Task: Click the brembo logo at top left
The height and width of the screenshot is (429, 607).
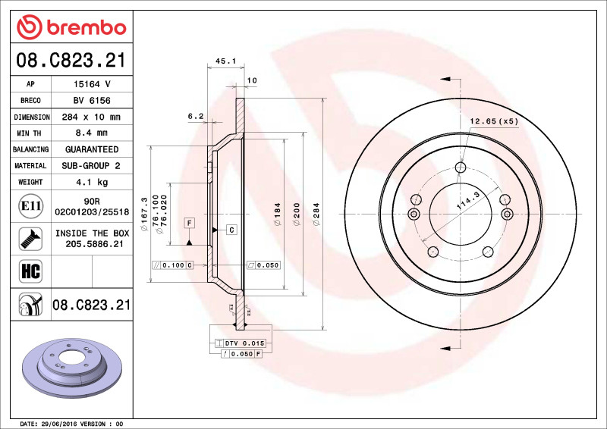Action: (x=71, y=28)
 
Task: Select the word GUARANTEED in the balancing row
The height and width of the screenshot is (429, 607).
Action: (x=91, y=149)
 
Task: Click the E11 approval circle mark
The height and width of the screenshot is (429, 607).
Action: (x=29, y=205)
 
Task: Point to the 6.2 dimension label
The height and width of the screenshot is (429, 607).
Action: (x=195, y=116)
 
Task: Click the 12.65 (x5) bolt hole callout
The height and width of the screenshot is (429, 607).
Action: (x=494, y=121)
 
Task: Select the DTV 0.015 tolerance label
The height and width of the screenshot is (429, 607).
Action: (x=244, y=343)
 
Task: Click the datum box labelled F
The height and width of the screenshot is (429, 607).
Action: (x=189, y=222)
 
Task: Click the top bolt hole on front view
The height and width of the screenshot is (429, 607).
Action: (x=461, y=168)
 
